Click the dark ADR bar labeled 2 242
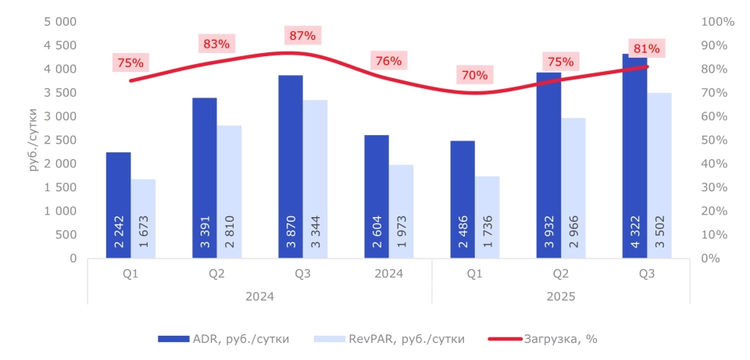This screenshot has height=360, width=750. (x=119, y=205)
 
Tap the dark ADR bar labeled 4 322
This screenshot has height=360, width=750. (x=634, y=156)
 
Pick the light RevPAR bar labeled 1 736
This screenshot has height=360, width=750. (x=487, y=216)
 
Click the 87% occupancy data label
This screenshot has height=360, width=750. (x=302, y=35)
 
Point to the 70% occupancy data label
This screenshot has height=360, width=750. (x=474, y=75)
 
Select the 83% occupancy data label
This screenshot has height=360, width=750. (x=216, y=44)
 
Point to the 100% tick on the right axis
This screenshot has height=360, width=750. (x=719, y=22)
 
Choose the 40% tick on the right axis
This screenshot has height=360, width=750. (x=716, y=163)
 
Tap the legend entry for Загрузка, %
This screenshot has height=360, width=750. (x=543, y=339)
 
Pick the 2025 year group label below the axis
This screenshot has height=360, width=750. (x=560, y=297)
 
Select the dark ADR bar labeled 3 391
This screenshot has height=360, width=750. (x=205, y=177)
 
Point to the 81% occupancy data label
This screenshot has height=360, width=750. (x=646, y=49)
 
